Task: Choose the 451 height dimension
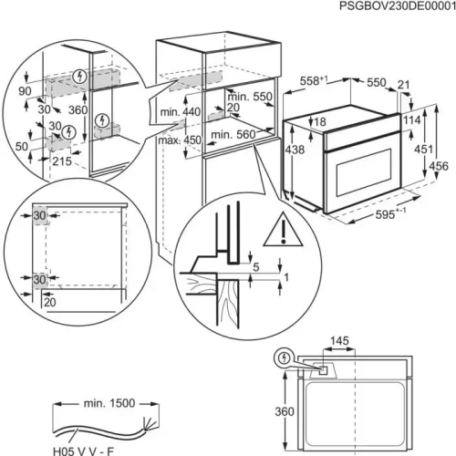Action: click(x=420, y=148)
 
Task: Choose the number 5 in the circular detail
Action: click(x=257, y=266)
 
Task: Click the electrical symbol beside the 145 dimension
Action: click(x=289, y=358)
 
